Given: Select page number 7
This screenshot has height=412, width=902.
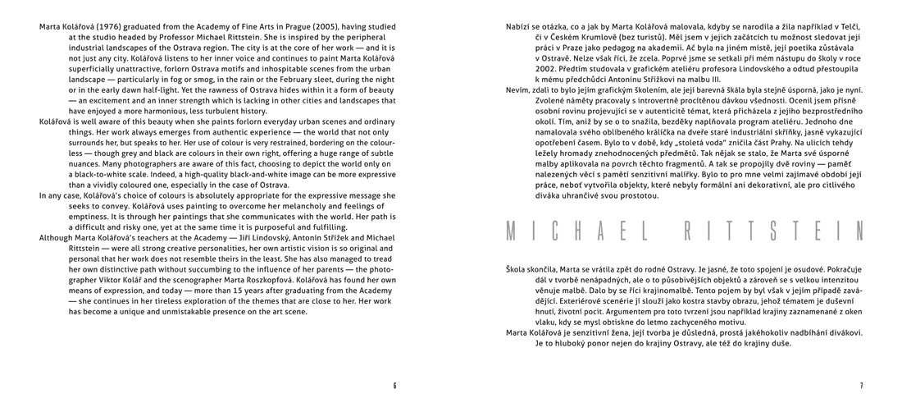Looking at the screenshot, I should [861, 385].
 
